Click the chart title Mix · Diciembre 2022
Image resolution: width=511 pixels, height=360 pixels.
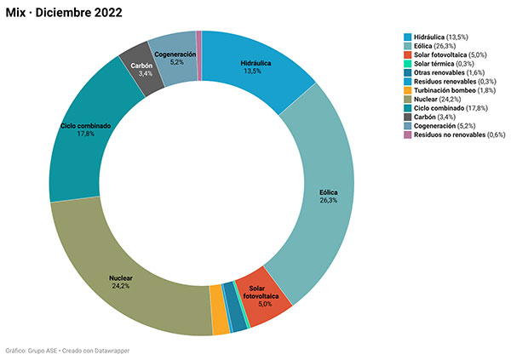63,14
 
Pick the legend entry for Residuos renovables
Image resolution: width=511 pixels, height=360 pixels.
449,81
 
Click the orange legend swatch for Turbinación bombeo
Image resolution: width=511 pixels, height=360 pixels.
408,90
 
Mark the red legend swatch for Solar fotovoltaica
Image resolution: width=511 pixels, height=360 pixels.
408,54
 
